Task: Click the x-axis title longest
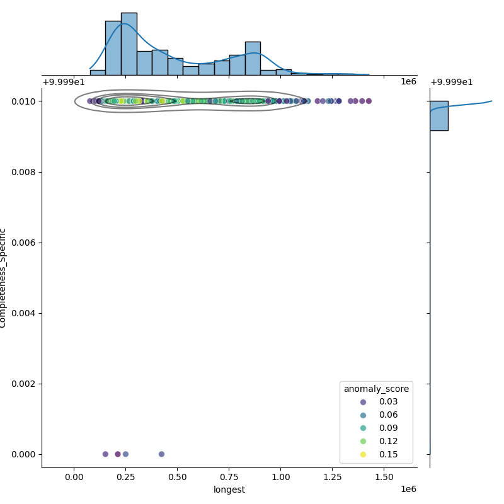click(229, 490)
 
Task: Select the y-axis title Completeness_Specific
click(3, 278)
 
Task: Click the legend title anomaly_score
click(376, 389)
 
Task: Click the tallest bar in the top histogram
click(129, 43)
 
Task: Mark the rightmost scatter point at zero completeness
click(161, 454)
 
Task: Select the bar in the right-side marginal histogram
click(439, 116)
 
